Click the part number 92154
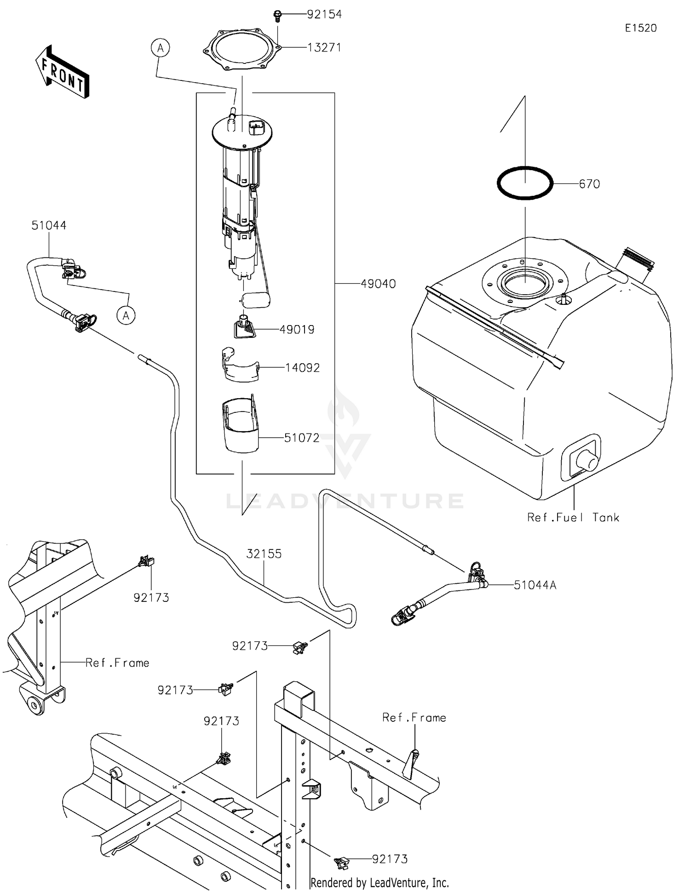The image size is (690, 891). [x=324, y=14]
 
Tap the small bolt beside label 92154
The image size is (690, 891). [x=277, y=16]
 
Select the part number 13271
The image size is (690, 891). [x=324, y=47]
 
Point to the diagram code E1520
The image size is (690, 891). [x=640, y=28]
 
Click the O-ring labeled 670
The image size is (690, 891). [x=525, y=183]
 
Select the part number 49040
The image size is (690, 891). [x=378, y=284]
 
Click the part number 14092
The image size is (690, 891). [x=302, y=368]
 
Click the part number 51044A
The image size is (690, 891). [x=535, y=585]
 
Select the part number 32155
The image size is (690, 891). [x=264, y=554]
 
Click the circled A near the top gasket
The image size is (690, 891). [x=160, y=48]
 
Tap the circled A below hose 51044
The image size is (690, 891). [x=126, y=315]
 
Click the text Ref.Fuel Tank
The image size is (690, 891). [x=573, y=518]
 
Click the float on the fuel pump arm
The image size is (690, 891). [x=256, y=300]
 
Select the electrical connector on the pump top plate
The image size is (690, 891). [x=256, y=127]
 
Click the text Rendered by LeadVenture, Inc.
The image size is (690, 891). [x=379, y=883]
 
